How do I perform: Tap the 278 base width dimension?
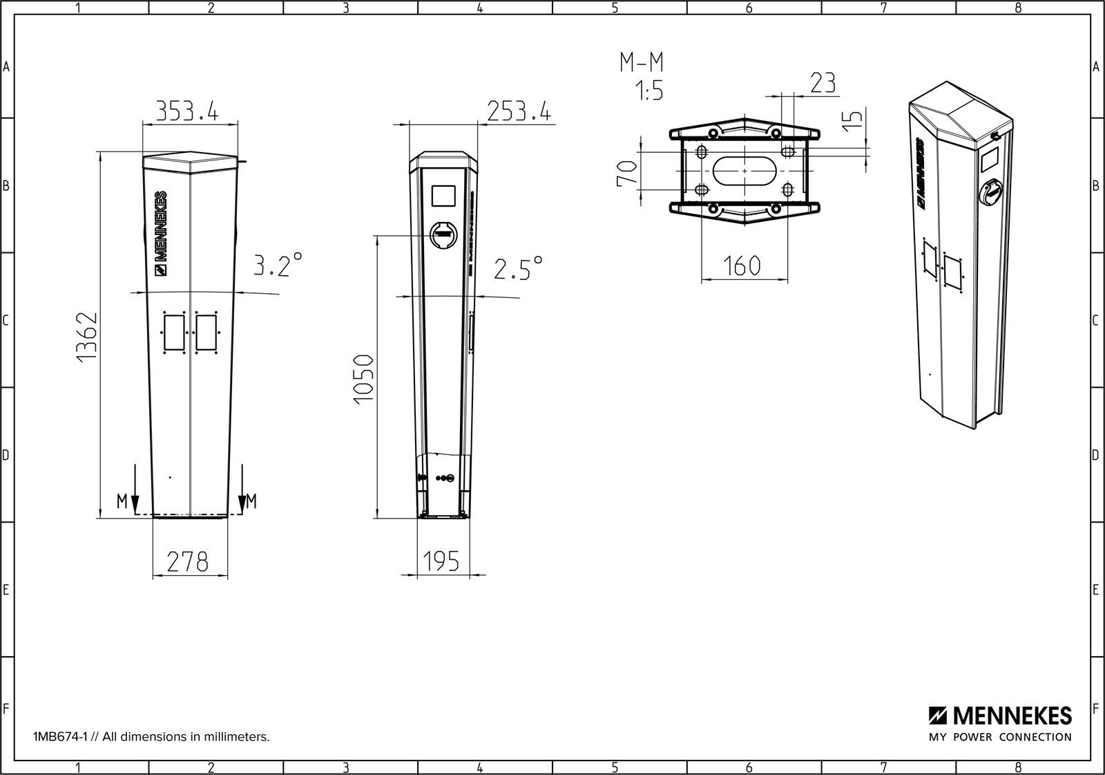point(187,561)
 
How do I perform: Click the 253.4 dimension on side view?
point(519,111)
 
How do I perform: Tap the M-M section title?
point(640,64)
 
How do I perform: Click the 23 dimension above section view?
point(822,83)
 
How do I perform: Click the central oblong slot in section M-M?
point(744,170)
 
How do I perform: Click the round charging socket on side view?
point(444,235)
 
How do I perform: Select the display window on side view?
point(443,196)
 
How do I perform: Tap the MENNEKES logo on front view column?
point(160,234)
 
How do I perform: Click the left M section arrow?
point(135,491)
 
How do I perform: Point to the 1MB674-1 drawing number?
point(65,737)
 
